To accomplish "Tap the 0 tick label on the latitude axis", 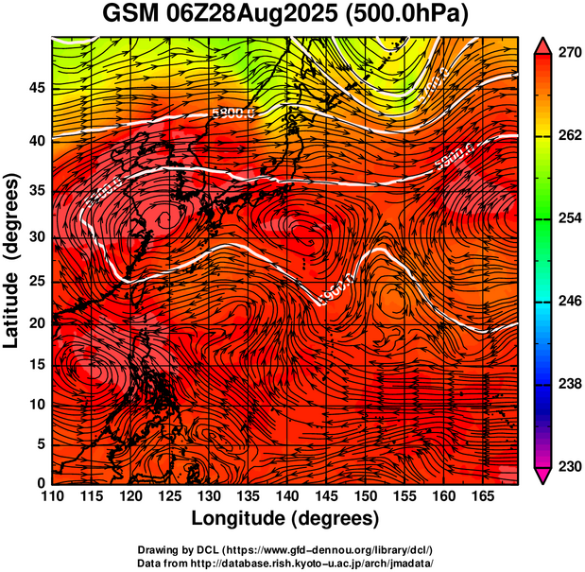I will click(40, 483).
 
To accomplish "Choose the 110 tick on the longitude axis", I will click(52, 497).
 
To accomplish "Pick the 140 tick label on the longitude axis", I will click(286, 497).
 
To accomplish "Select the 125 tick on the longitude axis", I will click(169, 497).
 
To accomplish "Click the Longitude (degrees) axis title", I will click(284, 519).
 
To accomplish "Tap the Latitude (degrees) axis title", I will click(12, 260).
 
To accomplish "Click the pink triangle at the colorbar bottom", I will click(543, 477).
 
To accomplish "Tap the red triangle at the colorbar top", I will click(543, 44).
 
